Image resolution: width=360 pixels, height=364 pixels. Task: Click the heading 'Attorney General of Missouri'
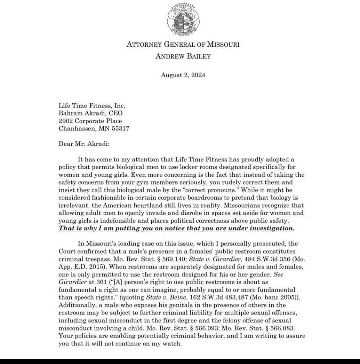(x=183, y=44)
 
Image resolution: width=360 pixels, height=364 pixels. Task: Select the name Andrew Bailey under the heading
(x=183, y=57)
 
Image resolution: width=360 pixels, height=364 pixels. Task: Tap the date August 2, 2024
(x=183, y=75)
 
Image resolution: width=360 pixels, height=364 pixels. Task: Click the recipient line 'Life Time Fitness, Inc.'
(x=92, y=106)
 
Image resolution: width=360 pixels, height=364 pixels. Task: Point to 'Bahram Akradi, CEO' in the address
(x=91, y=113)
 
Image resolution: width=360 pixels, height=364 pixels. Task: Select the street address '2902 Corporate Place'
(x=90, y=121)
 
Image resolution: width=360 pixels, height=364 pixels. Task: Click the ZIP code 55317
(x=120, y=129)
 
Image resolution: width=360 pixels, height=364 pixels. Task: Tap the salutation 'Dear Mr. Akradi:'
(x=84, y=144)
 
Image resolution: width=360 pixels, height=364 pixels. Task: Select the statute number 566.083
(x=282, y=328)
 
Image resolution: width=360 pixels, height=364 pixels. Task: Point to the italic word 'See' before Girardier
(x=278, y=275)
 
